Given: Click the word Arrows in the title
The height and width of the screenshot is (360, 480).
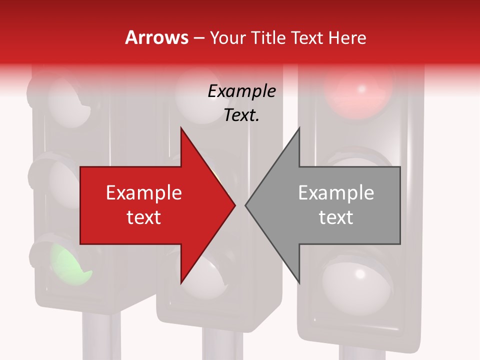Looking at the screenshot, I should (x=156, y=37).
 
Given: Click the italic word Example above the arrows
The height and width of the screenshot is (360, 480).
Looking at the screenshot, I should (x=241, y=91).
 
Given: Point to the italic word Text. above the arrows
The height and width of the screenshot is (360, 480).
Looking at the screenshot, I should (x=241, y=115).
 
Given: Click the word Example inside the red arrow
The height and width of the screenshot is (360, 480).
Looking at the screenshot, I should (x=144, y=192).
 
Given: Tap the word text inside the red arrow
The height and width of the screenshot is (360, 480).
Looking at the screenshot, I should (x=144, y=217).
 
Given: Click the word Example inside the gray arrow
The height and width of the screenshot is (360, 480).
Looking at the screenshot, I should (x=336, y=192).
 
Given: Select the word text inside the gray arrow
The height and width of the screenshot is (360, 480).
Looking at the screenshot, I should (x=336, y=217).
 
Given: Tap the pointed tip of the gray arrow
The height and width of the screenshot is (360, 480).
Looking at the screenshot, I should (x=246, y=205).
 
